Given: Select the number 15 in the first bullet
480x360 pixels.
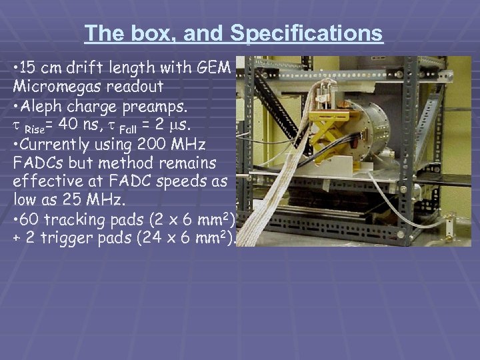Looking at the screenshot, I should (29, 67).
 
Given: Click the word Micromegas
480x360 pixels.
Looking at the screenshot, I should (54, 87).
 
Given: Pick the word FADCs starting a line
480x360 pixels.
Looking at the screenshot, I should (36, 162).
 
